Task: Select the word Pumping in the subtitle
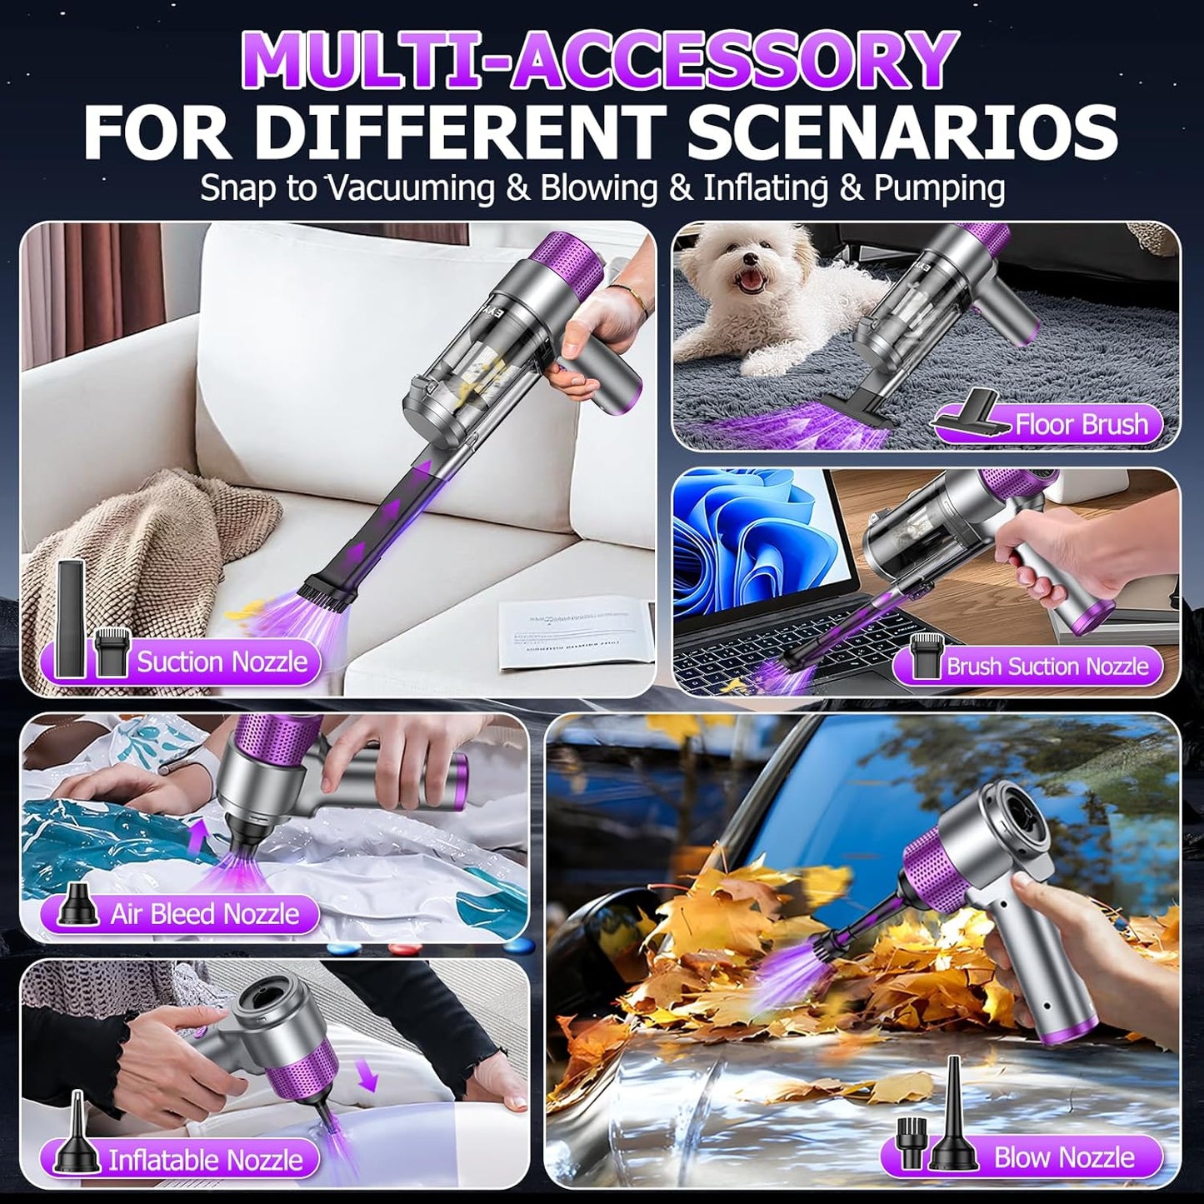938,188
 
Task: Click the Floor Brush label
1081,425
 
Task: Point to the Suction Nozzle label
222,662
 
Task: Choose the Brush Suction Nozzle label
1047,667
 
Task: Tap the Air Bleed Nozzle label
204,914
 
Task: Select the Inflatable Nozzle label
205,1160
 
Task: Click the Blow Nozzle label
1063,1157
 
